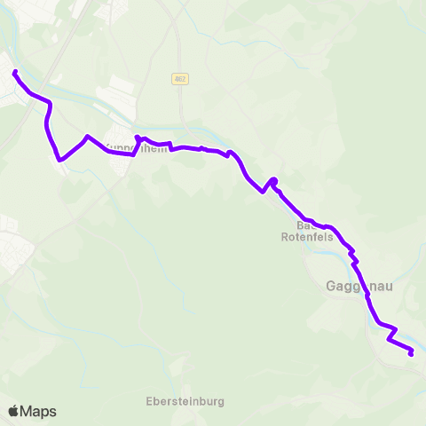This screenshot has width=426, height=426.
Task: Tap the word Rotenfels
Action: [x=306, y=237]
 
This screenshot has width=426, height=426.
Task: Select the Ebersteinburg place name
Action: [x=185, y=401]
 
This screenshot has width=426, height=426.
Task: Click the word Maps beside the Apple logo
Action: [x=38, y=411]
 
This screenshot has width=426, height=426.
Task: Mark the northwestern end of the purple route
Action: [x=16, y=72]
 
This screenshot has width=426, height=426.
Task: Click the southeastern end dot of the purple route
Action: [x=411, y=353]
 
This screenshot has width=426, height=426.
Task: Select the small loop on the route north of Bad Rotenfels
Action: [x=273, y=182]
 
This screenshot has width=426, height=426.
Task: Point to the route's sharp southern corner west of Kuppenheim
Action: [x=59, y=160]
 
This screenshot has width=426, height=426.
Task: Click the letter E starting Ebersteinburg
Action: [x=149, y=401]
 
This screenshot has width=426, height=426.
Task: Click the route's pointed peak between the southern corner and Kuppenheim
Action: [x=86, y=137]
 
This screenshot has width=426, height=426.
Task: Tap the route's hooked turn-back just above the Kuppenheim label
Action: [x=138, y=138]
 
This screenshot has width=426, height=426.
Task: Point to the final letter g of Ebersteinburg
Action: [x=220, y=402]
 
